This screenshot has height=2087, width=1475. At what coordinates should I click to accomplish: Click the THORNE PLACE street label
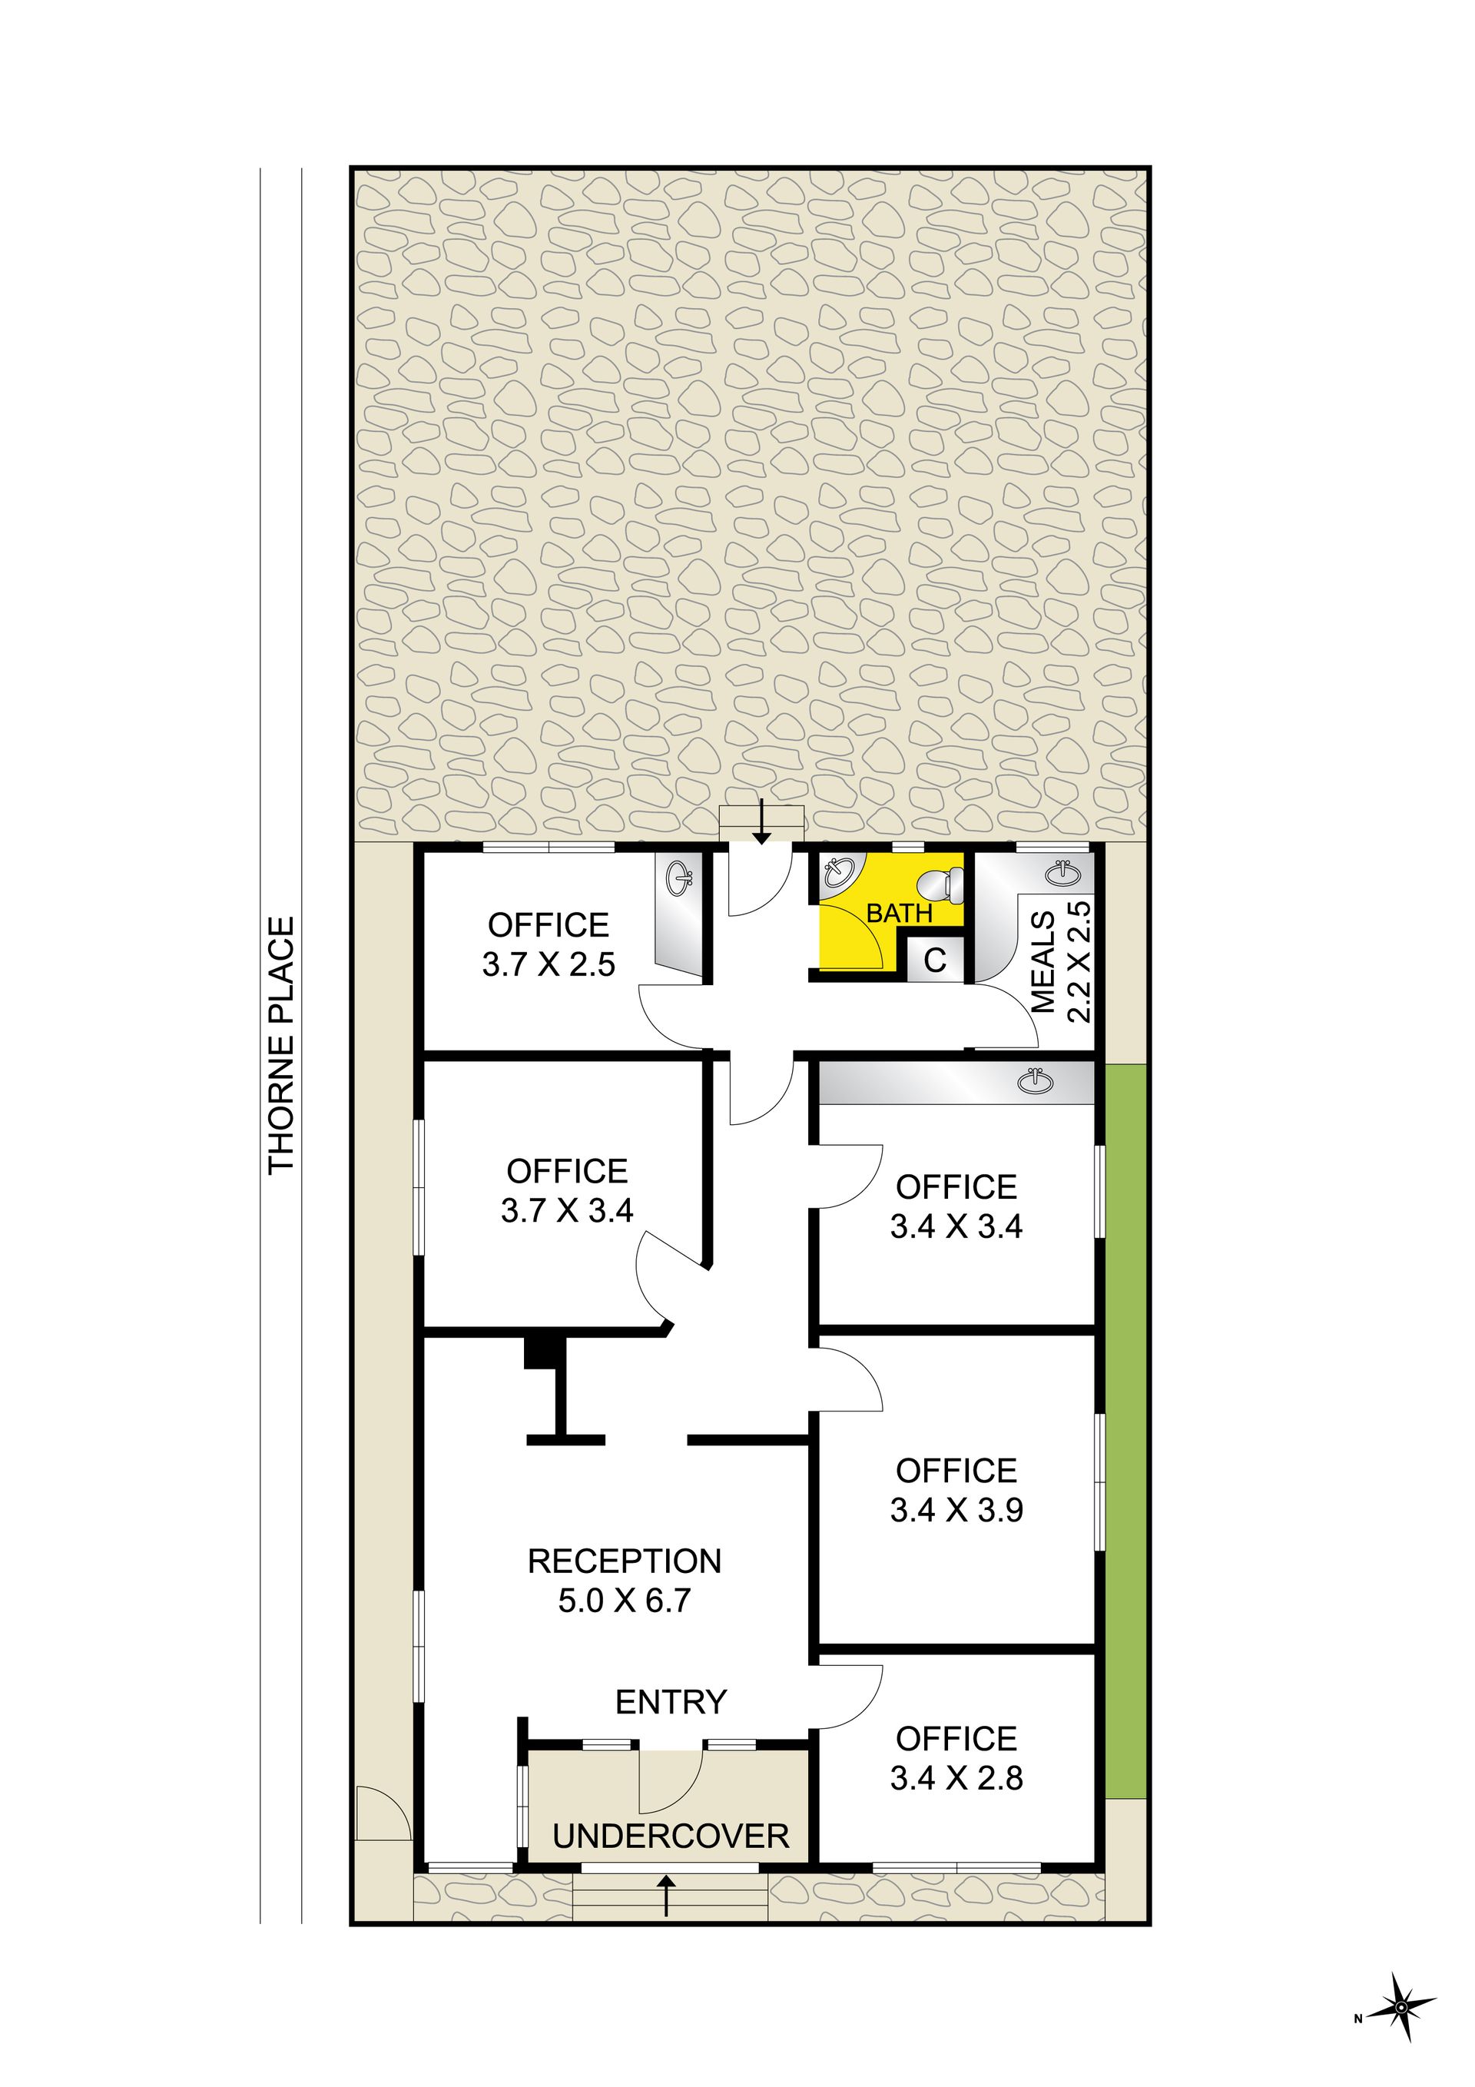click(282, 1044)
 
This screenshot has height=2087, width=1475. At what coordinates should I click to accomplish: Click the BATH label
click(899, 913)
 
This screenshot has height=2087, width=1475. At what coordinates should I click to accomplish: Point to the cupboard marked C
click(935, 959)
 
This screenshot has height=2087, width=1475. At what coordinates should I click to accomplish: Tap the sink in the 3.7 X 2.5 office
click(680, 878)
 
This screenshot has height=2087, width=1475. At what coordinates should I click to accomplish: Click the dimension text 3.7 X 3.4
click(566, 1209)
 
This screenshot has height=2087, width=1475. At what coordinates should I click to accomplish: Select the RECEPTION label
click(625, 1561)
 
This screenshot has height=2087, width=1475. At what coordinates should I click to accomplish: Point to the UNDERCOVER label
click(671, 1836)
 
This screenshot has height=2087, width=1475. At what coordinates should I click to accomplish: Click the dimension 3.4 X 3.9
click(956, 1510)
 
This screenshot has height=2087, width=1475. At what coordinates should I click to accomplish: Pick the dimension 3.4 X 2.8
click(956, 1778)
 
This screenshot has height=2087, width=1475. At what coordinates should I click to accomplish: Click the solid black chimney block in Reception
click(540, 1352)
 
